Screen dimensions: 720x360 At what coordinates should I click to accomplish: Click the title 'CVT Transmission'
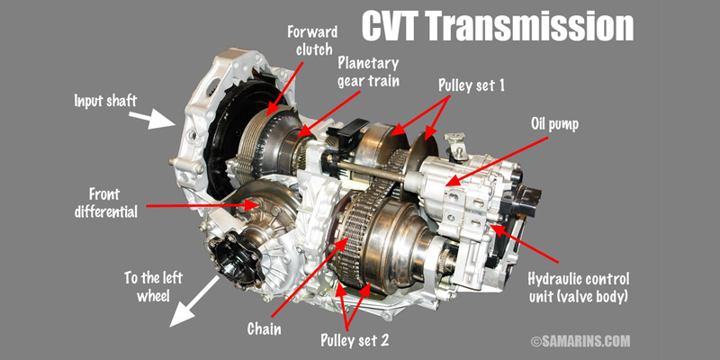(x=498, y=27)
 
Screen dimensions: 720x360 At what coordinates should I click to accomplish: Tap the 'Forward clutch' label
(x=312, y=40)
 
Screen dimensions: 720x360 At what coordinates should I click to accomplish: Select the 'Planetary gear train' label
(x=369, y=72)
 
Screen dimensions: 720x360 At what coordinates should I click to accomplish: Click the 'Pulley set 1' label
(x=471, y=85)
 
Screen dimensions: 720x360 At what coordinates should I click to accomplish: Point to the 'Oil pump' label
(x=554, y=124)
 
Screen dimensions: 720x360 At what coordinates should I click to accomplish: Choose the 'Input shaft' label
(x=105, y=101)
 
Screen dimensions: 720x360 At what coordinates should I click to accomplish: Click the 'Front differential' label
(x=106, y=202)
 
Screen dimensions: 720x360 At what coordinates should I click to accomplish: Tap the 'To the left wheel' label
(x=153, y=286)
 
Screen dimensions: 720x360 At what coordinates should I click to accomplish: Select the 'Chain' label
(x=264, y=328)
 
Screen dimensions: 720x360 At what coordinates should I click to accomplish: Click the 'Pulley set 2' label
(x=355, y=340)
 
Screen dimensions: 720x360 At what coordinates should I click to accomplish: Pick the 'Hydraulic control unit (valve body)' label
(x=578, y=287)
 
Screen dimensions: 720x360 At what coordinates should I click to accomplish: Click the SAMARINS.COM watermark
(x=580, y=341)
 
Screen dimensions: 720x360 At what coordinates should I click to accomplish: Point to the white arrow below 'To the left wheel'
(x=194, y=301)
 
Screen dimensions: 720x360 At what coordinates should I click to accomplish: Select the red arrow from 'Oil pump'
(x=498, y=161)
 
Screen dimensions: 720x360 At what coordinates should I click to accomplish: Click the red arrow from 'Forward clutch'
(x=284, y=87)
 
